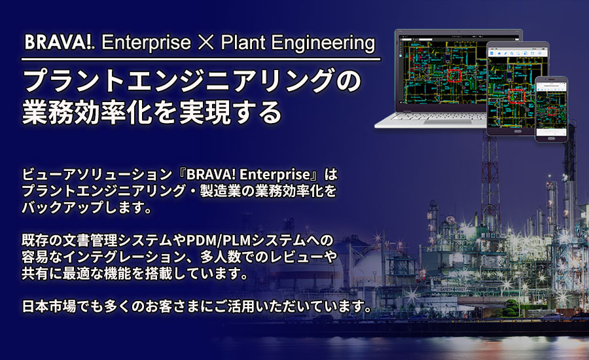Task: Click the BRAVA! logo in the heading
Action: (60, 43)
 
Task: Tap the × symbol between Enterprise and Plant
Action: (201, 44)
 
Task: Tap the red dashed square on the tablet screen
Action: (517, 97)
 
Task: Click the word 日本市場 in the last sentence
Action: (46, 306)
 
